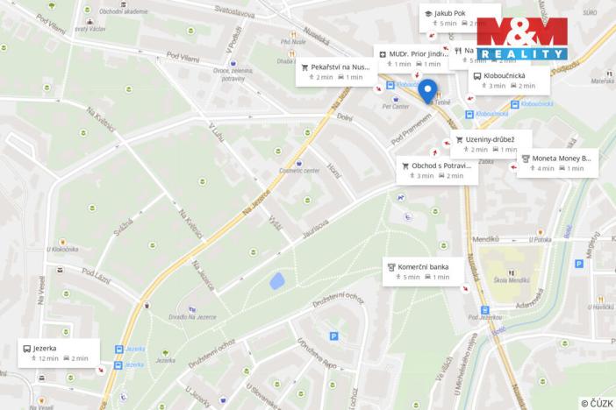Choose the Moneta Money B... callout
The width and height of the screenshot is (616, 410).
click(557, 163)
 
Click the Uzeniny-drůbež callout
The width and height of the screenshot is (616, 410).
click(484, 144)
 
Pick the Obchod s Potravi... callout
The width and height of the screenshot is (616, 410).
click(437, 170)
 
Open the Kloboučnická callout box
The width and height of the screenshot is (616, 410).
click(509, 81)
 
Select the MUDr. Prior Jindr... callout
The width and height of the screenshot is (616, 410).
click(409, 59)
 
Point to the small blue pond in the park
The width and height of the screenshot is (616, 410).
click(276, 282)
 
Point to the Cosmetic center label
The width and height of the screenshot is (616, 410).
click(300, 171)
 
